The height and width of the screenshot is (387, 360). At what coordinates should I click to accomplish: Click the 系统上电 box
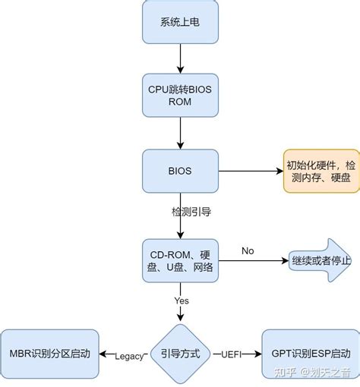click(x=180, y=21)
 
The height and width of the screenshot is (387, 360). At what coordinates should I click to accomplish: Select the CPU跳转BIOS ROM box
click(x=180, y=96)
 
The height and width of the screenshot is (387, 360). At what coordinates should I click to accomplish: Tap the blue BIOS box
click(x=180, y=171)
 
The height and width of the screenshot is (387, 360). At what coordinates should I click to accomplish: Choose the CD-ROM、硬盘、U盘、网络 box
click(x=180, y=261)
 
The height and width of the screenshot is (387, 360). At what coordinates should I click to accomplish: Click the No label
click(x=248, y=250)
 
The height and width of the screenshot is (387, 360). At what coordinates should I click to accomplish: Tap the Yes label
click(x=182, y=300)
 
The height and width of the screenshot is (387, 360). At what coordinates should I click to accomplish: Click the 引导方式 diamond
click(x=180, y=354)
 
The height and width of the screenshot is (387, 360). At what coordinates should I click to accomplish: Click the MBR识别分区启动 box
click(x=49, y=354)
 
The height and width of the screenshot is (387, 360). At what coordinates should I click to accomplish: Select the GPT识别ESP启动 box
click(x=310, y=354)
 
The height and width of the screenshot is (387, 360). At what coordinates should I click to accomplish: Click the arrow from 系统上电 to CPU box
click(x=180, y=58)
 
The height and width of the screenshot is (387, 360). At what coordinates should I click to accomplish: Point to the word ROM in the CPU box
click(x=180, y=102)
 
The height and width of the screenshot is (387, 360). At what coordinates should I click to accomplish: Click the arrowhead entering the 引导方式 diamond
click(x=180, y=319)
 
